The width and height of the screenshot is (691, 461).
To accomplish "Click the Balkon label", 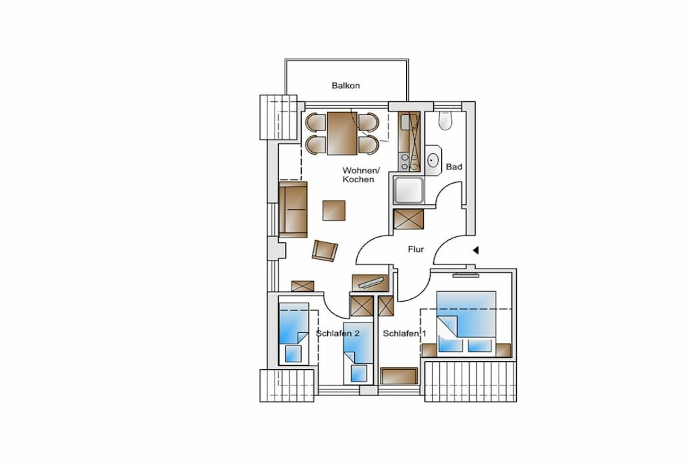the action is pyautogui.click(x=345, y=86).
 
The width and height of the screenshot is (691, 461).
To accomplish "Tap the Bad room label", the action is pyautogui.click(x=454, y=167).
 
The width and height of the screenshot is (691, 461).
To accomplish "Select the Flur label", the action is pyautogui.click(x=416, y=250).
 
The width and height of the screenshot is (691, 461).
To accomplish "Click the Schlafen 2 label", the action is pyautogui.click(x=337, y=333).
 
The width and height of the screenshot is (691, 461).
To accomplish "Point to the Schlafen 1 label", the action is pyautogui.click(x=404, y=333).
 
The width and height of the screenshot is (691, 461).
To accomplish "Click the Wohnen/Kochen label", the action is pyautogui.click(x=360, y=175).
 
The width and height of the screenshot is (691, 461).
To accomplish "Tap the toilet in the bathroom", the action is pyautogui.click(x=445, y=120).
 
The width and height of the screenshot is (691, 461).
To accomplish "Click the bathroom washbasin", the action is pyautogui.click(x=433, y=160).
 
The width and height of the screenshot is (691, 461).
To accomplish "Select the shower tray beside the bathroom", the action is pyautogui.click(x=409, y=190).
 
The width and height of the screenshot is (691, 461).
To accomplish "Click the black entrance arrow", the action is pyautogui.click(x=476, y=250).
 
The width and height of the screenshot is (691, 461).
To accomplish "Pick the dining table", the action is pyautogui.click(x=342, y=133).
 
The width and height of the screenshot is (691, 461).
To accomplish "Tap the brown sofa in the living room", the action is pyautogui.click(x=293, y=209).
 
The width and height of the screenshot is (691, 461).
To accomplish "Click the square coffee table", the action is pyautogui.click(x=333, y=210).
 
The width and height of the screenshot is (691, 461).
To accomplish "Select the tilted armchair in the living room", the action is pyautogui.click(x=325, y=251).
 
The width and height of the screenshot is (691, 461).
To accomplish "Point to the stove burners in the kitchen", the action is pyautogui.click(x=408, y=162).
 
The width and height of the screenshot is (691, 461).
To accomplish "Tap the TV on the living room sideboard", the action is pyautogui.click(x=371, y=282).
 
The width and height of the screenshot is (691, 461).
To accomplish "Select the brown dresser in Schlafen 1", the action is pyautogui.click(x=399, y=376).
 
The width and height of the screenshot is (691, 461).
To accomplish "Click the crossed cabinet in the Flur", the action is pyautogui.click(x=408, y=219).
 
